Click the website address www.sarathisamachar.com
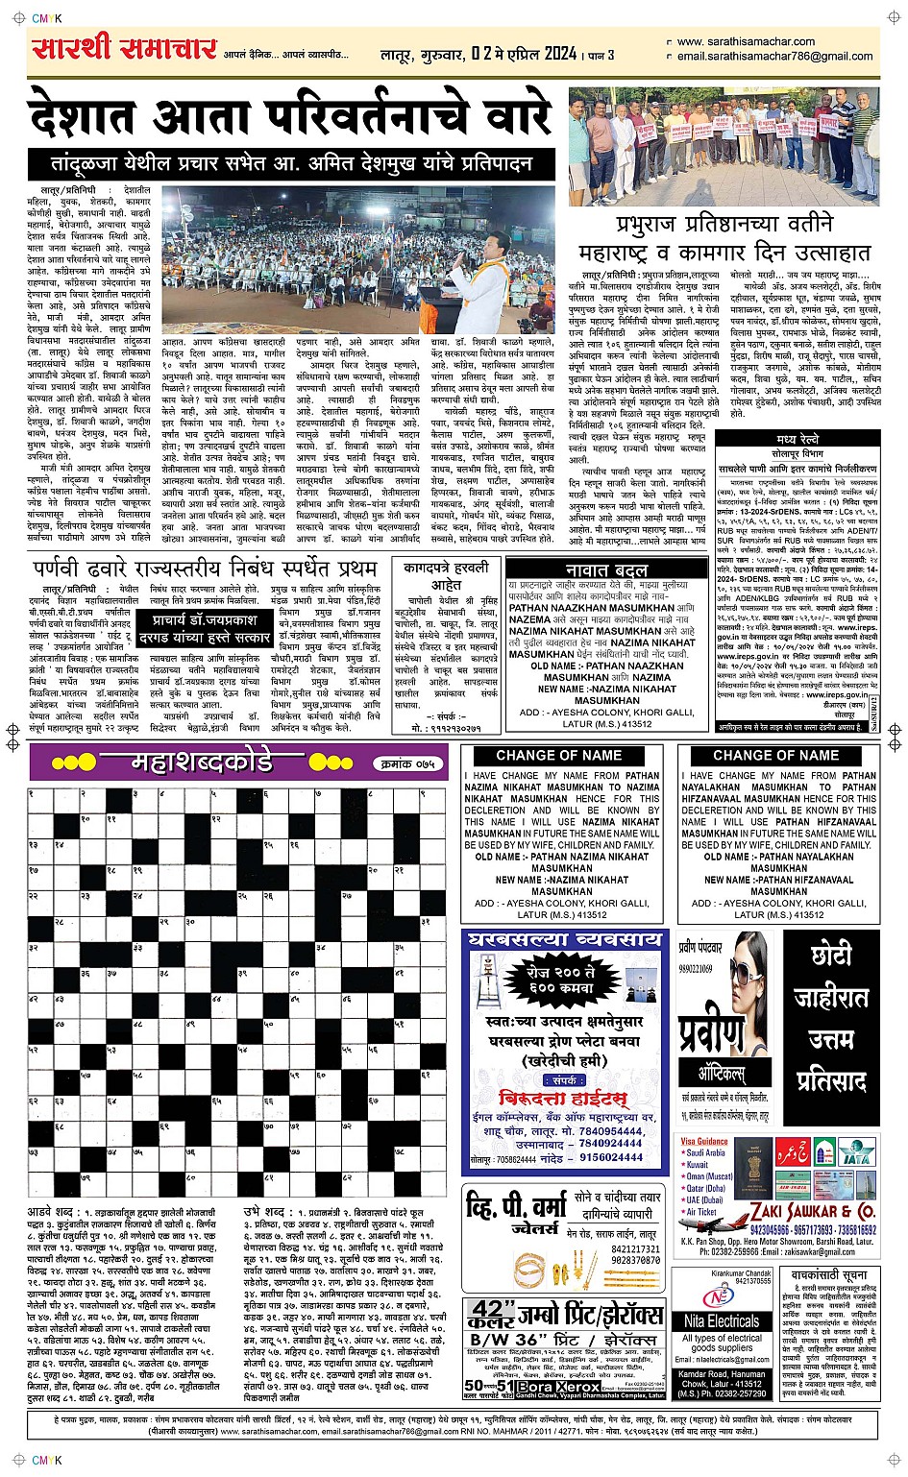pos(746,41)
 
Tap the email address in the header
pos(774,56)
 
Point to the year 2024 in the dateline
pos(551,54)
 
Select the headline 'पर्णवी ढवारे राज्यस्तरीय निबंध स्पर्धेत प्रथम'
pos(205,569)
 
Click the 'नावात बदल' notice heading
pos(599,569)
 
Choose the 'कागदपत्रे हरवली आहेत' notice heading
pos(446,576)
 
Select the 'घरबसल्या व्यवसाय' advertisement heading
pos(563,939)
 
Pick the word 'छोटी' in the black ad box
pos(830,955)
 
